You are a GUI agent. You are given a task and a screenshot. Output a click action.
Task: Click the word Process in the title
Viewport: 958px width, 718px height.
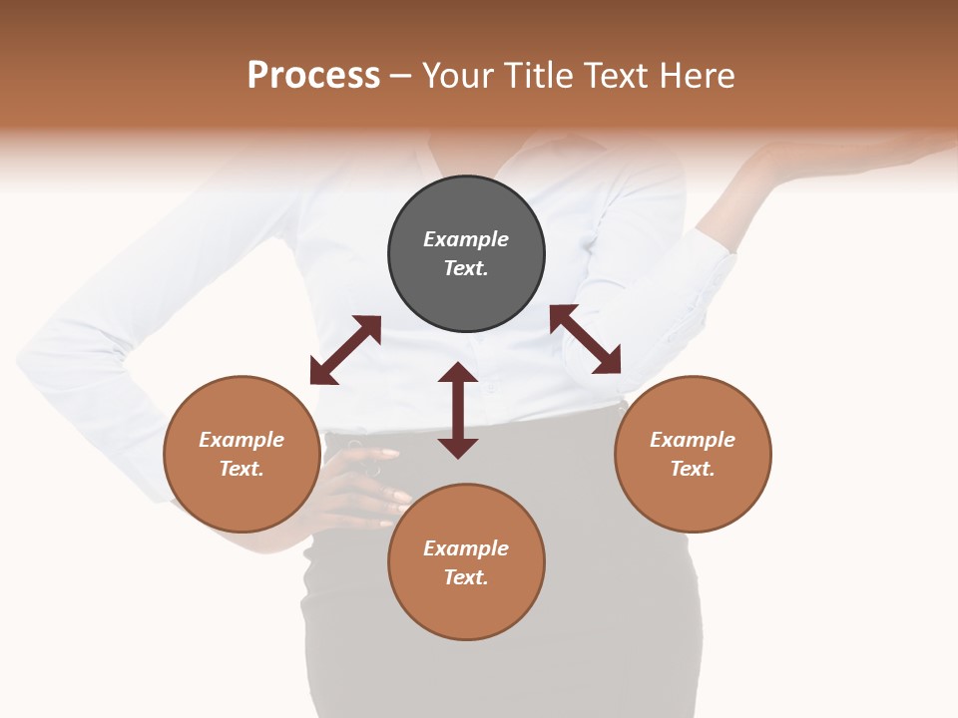coord(313,76)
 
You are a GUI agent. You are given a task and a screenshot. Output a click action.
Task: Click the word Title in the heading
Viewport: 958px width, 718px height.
coord(538,76)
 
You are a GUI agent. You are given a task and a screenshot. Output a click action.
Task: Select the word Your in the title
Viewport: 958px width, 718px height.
coord(458,76)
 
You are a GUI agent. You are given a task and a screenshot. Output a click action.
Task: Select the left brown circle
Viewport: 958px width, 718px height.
coord(241,499)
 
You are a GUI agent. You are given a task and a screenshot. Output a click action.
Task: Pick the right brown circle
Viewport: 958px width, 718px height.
coord(693,499)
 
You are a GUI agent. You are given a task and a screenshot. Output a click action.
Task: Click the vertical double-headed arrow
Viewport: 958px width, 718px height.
coord(458,410)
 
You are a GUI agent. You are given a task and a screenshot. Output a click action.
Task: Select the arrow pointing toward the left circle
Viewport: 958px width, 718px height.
coord(345,350)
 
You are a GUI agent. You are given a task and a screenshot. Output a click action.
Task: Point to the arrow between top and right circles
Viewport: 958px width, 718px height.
coord(586,339)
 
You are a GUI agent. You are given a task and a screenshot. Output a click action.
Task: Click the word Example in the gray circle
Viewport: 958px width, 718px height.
coord(466,239)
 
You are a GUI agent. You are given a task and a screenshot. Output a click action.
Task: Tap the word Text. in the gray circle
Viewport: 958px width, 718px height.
coord(466,268)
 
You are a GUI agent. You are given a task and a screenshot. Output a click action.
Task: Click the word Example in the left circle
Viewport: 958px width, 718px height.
coord(241,440)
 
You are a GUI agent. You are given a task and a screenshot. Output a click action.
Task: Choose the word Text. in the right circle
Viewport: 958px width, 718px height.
coord(693,469)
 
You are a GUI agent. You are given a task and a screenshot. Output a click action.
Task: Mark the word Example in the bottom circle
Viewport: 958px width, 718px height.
coord(466,548)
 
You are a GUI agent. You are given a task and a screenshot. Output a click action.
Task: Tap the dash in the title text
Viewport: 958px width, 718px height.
coord(401,76)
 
